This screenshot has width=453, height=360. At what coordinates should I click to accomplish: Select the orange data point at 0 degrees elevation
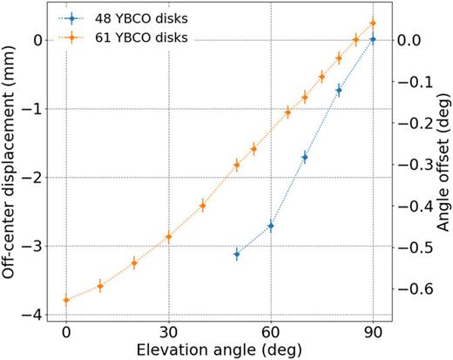[66, 301]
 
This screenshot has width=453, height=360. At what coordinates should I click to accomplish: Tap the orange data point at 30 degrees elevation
[168, 237]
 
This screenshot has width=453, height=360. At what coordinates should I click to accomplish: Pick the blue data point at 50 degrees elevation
[237, 254]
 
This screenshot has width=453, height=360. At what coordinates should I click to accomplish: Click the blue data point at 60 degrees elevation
[271, 226]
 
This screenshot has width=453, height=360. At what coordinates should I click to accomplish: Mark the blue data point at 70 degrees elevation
[305, 157]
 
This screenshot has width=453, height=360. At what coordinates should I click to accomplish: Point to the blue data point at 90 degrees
[373, 39]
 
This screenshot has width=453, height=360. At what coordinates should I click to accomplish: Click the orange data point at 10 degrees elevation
[100, 286]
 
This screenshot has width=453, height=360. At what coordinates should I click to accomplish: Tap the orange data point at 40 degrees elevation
[202, 206]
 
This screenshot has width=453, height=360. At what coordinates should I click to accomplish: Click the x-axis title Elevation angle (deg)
[220, 349]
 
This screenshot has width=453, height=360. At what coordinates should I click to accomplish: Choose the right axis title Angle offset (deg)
[442, 166]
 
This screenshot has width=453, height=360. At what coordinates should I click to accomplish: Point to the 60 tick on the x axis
[271, 332]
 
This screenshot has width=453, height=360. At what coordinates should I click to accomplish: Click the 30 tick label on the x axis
[168, 332]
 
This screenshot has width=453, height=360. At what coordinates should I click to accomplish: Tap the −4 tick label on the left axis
[38, 315]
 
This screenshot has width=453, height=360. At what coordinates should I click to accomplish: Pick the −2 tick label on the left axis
[38, 178]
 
